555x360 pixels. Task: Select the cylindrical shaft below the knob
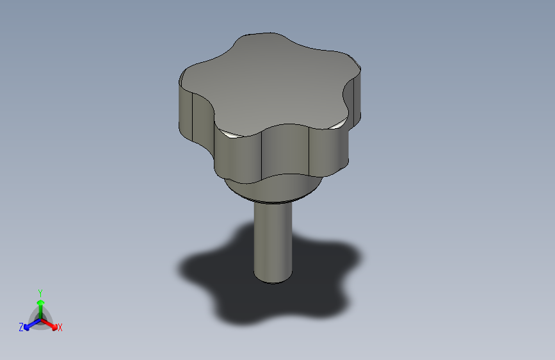273,237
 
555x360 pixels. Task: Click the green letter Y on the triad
40,292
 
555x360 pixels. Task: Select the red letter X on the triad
60,327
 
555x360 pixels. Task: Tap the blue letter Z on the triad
21,327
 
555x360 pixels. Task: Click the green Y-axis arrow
40,304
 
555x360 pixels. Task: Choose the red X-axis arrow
51,323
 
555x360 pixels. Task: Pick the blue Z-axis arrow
29,324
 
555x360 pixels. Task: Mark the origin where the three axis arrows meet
40,318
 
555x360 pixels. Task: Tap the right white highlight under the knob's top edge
337,125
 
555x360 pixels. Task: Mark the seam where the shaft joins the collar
273,202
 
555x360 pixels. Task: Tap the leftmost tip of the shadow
180,267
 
